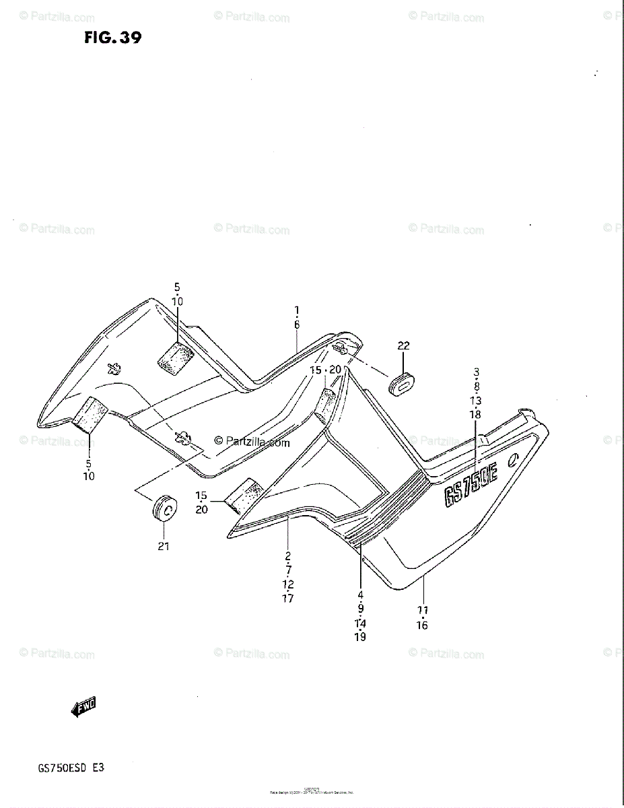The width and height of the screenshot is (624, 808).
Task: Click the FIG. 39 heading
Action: (x=112, y=38)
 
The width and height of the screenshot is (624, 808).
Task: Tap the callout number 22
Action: (x=403, y=346)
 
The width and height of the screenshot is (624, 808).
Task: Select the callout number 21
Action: (x=164, y=547)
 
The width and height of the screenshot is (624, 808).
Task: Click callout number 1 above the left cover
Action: (x=296, y=310)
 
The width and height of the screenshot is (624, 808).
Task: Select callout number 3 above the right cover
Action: (x=476, y=372)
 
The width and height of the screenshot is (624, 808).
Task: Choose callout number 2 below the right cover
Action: (x=287, y=556)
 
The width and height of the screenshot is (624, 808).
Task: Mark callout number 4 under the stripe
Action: (x=360, y=595)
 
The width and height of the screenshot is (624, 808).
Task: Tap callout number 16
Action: (x=421, y=625)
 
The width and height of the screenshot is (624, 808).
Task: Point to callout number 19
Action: (x=360, y=637)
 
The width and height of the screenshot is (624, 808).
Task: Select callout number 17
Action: (x=287, y=599)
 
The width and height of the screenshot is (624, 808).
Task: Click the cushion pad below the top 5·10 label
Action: (x=176, y=355)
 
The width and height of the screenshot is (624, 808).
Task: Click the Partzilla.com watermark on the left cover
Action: (x=252, y=442)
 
